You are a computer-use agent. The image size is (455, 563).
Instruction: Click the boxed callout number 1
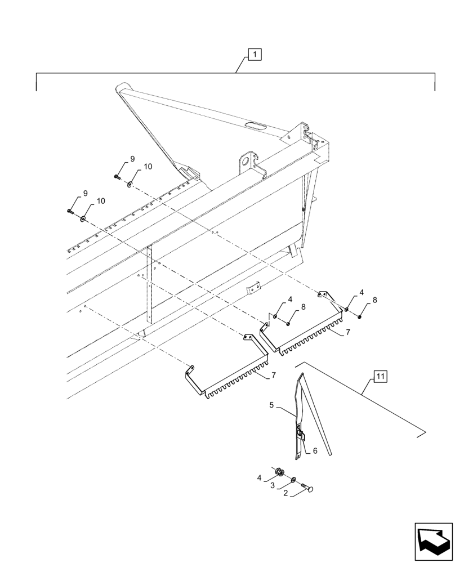(x=255, y=55)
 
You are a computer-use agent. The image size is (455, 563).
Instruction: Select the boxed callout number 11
(x=381, y=376)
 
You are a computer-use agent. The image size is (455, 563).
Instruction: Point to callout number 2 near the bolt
(x=286, y=493)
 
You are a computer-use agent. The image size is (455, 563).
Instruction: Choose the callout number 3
(x=273, y=485)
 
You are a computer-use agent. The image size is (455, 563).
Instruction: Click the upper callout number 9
(x=132, y=159)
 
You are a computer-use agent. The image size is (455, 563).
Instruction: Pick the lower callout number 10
(x=101, y=201)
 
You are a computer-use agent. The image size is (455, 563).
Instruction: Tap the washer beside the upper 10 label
(x=130, y=182)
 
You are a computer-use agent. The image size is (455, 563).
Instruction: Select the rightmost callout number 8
(x=374, y=300)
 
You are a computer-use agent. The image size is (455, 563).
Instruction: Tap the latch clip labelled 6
(x=301, y=435)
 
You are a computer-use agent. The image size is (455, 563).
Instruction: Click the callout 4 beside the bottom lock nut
(x=260, y=478)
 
